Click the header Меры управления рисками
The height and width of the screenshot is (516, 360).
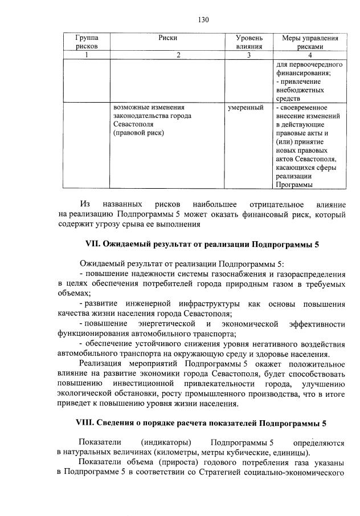[x=310, y=42]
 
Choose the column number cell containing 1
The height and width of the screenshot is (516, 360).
[x=86, y=55]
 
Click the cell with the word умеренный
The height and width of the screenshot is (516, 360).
[x=246, y=107]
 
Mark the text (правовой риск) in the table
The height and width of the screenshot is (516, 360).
[x=138, y=133]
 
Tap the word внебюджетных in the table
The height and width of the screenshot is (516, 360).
[x=300, y=90]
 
